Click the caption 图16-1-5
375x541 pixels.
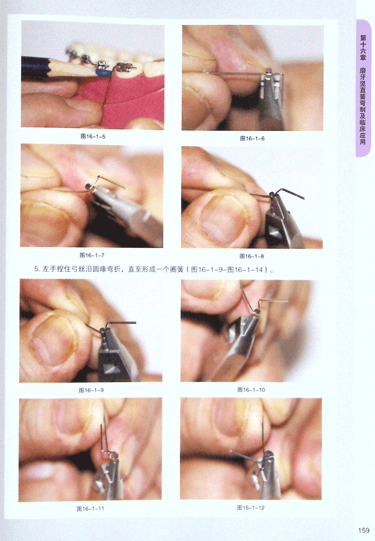[x=93, y=137]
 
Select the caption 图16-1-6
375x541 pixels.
[x=252, y=138]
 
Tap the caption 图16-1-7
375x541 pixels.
[x=92, y=255]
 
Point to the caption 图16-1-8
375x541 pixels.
[x=252, y=256]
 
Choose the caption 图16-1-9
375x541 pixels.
[x=91, y=390]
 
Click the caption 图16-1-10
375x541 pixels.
[x=251, y=390]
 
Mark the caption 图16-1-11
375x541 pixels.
[x=90, y=509]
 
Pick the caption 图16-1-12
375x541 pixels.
[x=251, y=507]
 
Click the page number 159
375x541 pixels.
[x=364, y=531]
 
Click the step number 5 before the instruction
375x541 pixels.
[x=37, y=269]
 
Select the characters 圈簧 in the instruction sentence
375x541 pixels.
[x=177, y=269]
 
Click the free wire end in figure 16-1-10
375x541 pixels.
[x=288, y=301]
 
